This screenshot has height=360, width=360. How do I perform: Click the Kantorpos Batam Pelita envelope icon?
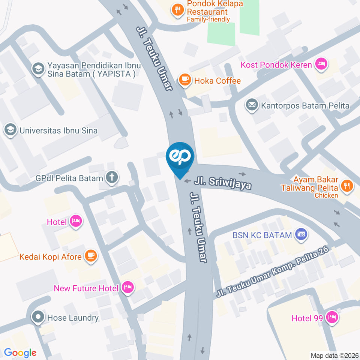[251, 105]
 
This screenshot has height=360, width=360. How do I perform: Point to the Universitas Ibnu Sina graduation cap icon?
[10, 130]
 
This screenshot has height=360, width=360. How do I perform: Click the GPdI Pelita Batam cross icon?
[111, 178]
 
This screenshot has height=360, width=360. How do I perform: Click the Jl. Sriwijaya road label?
[223, 183]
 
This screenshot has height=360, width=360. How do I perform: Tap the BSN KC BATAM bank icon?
[301, 235]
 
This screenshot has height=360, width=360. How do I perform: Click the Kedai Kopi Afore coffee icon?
[90, 256]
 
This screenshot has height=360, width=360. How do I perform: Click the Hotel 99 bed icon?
[331, 318]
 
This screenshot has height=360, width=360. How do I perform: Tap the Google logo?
[20, 352]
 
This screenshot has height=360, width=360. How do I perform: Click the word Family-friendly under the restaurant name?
[208, 19]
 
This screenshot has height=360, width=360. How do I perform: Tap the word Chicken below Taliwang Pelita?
[326, 195]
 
